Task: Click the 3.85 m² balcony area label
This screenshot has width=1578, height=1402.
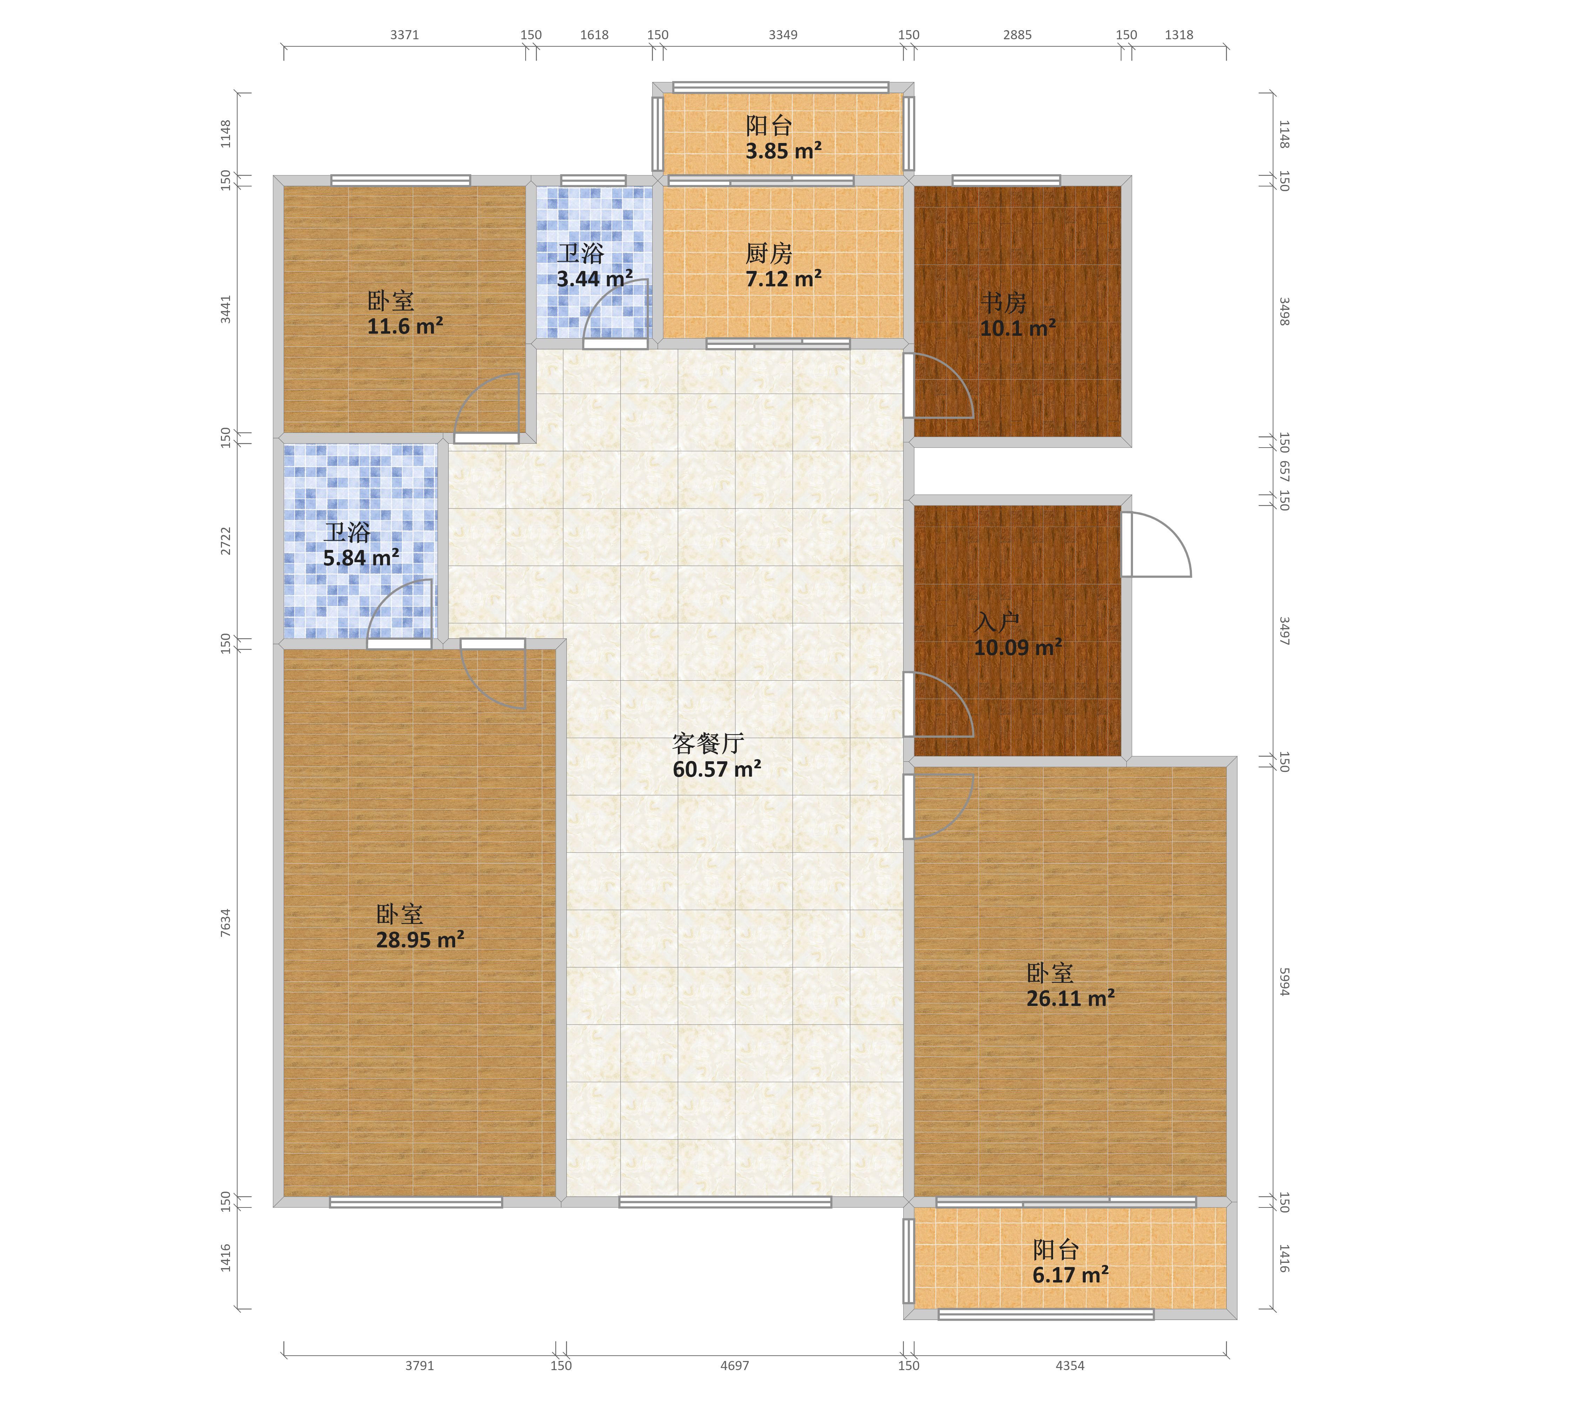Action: click(783, 151)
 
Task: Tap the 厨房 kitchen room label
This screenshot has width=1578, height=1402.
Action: click(769, 253)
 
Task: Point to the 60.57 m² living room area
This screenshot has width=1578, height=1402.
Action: click(716, 769)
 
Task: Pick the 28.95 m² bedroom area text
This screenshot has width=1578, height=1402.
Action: click(420, 940)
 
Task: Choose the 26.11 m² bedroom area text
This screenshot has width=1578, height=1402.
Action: click(1070, 999)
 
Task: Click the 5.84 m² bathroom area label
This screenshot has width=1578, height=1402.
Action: click(360, 557)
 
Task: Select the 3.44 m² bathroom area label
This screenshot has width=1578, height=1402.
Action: click(594, 279)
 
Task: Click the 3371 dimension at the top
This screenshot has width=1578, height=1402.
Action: click(405, 35)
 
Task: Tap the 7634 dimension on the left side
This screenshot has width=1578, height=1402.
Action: click(225, 923)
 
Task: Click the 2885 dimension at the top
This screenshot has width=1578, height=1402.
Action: click(1017, 35)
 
